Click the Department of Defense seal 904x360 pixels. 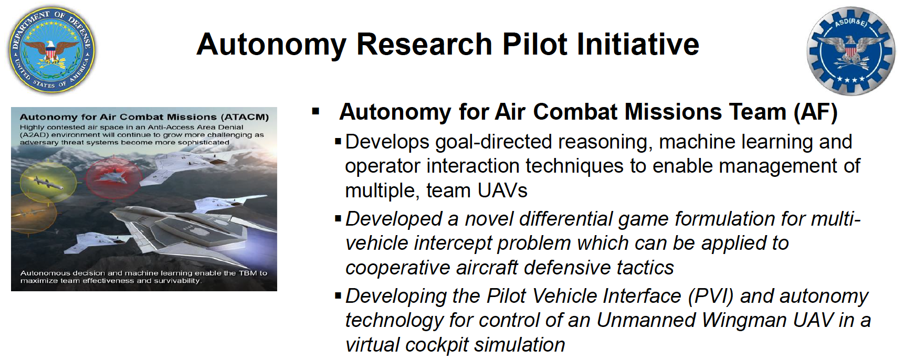pos(52,50)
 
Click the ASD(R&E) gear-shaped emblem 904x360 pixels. pos(851,51)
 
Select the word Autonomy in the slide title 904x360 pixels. pos(271,45)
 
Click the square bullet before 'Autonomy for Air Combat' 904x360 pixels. pos(316,111)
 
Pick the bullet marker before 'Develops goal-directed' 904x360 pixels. pos(338,141)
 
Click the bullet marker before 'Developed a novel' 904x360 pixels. pos(338,218)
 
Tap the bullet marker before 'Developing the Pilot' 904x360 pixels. pos(338,295)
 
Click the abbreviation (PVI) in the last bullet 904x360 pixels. pos(711,297)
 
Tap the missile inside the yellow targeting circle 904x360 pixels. pos(48,182)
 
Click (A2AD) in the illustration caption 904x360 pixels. pos(34,135)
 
